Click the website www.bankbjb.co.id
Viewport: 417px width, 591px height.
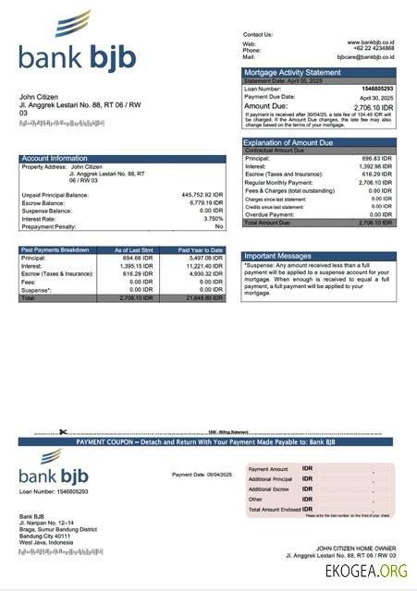[x=371, y=42]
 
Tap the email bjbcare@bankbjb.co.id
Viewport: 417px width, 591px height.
[x=365, y=57]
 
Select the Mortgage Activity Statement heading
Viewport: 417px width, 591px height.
[x=291, y=72]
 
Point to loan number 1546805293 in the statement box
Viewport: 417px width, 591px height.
[x=375, y=89]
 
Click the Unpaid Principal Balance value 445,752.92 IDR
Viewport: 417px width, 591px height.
[x=202, y=195]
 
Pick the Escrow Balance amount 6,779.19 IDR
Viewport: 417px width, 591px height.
[x=204, y=203]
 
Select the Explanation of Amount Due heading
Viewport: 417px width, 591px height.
[x=294, y=142]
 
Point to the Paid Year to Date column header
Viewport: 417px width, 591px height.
[x=201, y=250]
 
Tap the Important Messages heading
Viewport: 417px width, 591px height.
[x=277, y=256]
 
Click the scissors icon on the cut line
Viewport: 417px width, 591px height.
[x=63, y=432]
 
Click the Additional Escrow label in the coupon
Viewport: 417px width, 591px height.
[x=268, y=488]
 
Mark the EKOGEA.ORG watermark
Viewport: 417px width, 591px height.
[x=366, y=572]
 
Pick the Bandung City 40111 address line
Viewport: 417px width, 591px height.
[x=45, y=536]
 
